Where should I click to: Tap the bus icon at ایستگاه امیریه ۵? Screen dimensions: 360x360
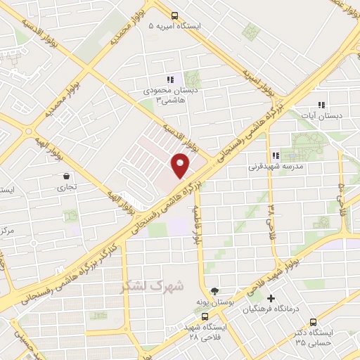point(174,15)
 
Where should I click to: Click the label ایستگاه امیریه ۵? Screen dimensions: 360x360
point(175,26)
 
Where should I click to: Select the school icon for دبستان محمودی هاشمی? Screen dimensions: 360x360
point(169,79)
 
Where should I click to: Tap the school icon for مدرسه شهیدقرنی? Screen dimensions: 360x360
point(276,156)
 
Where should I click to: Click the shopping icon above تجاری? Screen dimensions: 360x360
point(66,176)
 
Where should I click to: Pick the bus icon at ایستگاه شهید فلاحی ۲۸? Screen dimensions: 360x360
point(205,316)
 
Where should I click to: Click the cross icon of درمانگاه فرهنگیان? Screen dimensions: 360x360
point(271,299)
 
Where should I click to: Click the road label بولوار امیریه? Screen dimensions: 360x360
point(257,82)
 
